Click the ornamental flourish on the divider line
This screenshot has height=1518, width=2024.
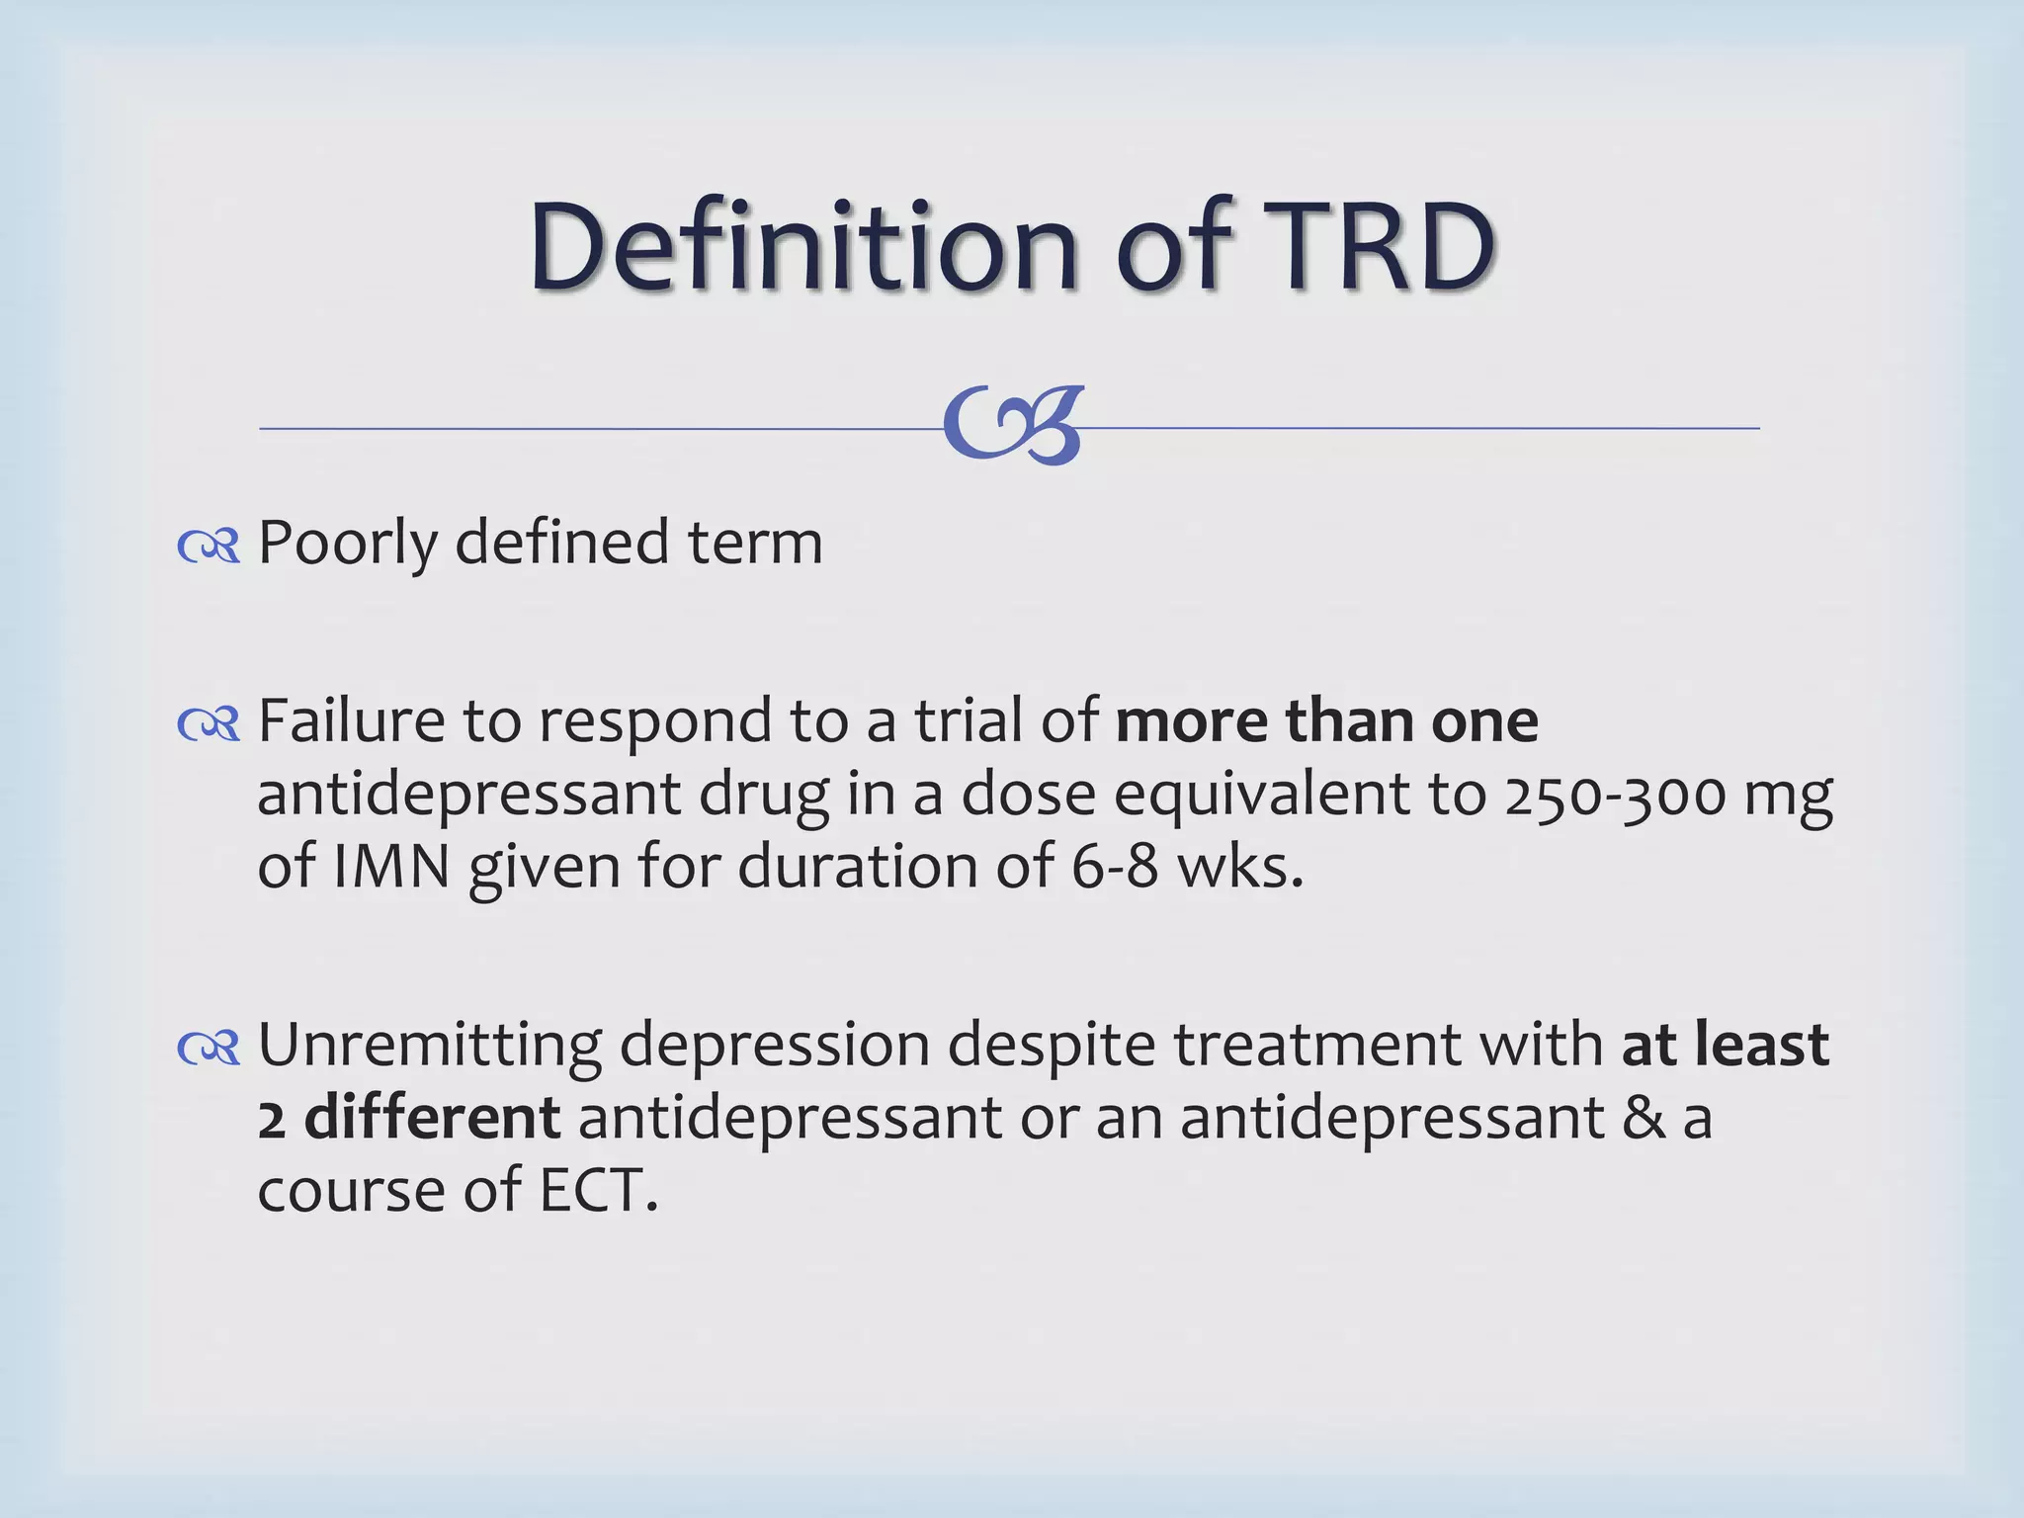tap(1014, 425)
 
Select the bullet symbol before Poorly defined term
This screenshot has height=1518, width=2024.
tap(209, 546)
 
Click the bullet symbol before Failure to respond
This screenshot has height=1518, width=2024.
tap(209, 724)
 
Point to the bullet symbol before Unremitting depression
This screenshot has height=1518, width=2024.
tap(209, 1048)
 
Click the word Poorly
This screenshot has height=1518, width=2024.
tap(348, 544)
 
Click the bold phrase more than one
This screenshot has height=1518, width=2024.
tap(1326, 721)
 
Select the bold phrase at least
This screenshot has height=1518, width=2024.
tap(1726, 1046)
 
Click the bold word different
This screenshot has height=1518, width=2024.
tap(432, 1119)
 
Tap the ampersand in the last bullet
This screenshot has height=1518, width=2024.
tap(1644, 1119)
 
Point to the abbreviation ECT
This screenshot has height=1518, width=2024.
tap(598, 1192)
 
